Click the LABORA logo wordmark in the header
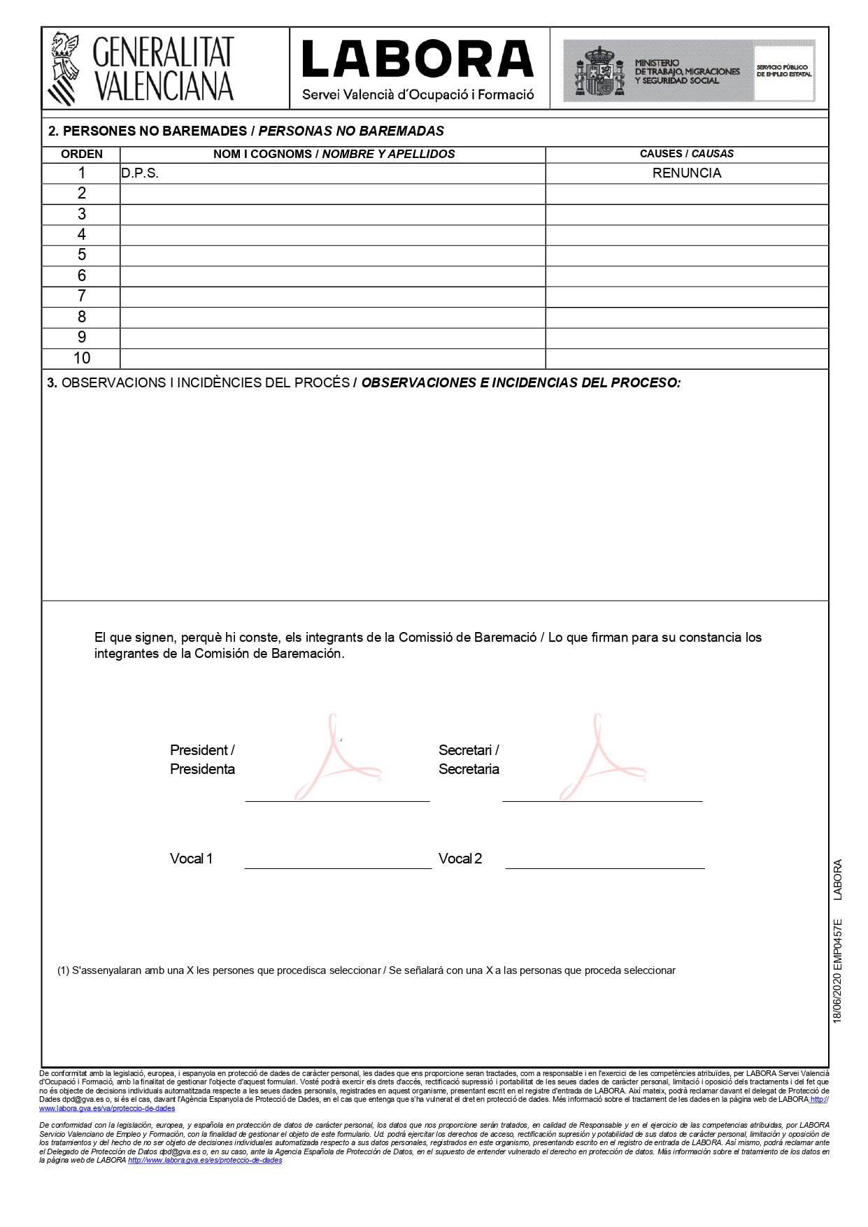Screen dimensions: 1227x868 point(418,59)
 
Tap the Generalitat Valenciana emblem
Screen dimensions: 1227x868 point(63,69)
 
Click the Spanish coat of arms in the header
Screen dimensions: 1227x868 point(599,71)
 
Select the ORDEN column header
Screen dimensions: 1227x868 point(81,154)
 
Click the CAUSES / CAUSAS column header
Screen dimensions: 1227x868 point(686,154)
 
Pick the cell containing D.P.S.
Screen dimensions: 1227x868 point(140,173)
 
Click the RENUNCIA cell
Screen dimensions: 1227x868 point(686,173)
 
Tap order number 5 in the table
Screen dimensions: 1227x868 point(81,255)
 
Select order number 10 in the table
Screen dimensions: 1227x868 point(81,358)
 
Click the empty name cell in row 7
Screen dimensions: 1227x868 point(332,296)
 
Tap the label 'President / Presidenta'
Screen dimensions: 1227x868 point(202,759)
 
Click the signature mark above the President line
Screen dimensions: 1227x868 point(337,759)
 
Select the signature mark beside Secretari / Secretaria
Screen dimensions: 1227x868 point(602,759)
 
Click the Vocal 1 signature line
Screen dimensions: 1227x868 point(338,867)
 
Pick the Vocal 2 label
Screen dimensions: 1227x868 point(460,859)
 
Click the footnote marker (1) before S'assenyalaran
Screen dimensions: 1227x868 point(63,970)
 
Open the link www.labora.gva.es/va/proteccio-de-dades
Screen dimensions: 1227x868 point(107,1108)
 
